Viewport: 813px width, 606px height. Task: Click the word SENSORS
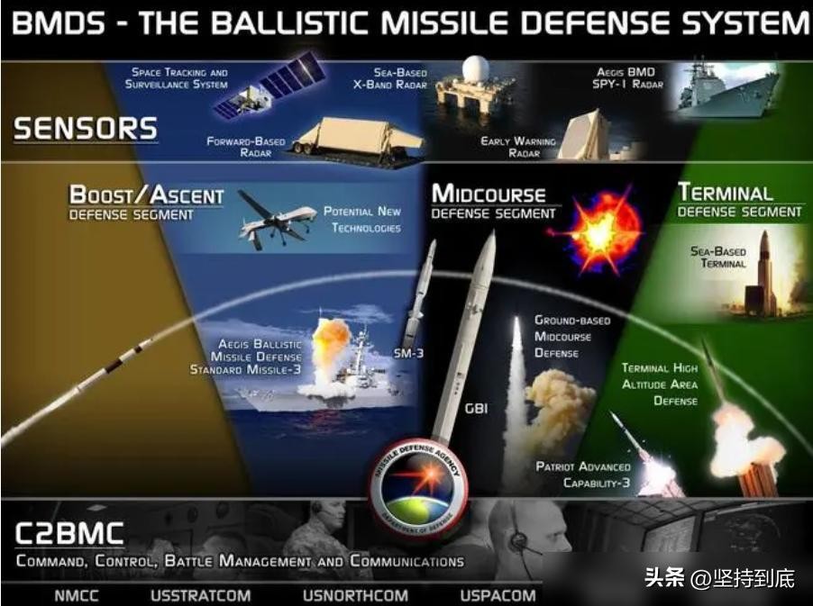tap(86, 129)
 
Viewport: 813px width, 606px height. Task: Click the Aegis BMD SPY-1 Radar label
tap(627, 77)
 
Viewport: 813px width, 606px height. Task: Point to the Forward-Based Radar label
tap(246, 147)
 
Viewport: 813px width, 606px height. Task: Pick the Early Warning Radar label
tap(518, 147)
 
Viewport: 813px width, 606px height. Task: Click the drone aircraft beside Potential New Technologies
tap(278, 219)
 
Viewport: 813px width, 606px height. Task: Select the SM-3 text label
tap(408, 354)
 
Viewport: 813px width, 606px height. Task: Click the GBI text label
tap(476, 409)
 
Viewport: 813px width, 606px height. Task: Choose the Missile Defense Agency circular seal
tap(418, 486)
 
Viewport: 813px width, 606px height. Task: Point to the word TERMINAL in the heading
tap(726, 193)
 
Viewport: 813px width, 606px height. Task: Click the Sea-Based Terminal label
tap(718, 258)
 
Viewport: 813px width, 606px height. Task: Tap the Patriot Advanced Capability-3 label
tap(583, 475)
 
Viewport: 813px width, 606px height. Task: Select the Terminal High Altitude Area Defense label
tap(660, 384)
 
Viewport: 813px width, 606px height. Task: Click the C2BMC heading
tap(69, 534)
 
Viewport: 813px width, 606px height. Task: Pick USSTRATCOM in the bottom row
tap(201, 595)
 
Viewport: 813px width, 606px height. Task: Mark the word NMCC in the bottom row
tap(77, 595)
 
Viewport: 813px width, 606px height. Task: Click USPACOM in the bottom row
tap(498, 595)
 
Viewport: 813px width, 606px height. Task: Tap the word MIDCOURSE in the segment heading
tap(489, 194)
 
